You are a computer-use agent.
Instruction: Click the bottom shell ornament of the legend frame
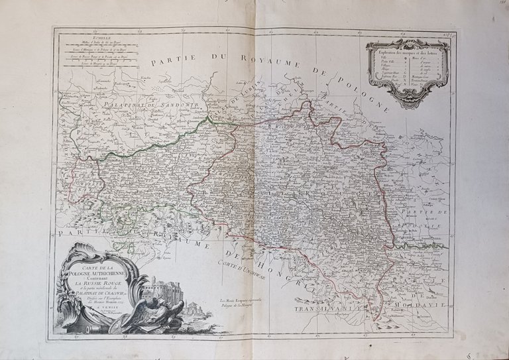click(x=406, y=104)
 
